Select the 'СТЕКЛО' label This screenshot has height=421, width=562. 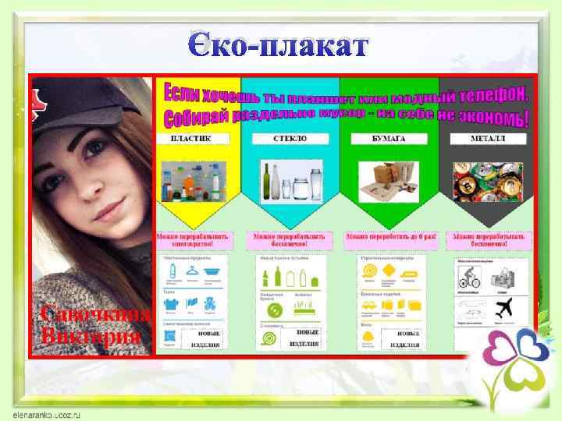[290, 139]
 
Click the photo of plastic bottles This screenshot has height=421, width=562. [195, 182]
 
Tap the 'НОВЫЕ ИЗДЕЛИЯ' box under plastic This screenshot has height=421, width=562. [205, 338]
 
